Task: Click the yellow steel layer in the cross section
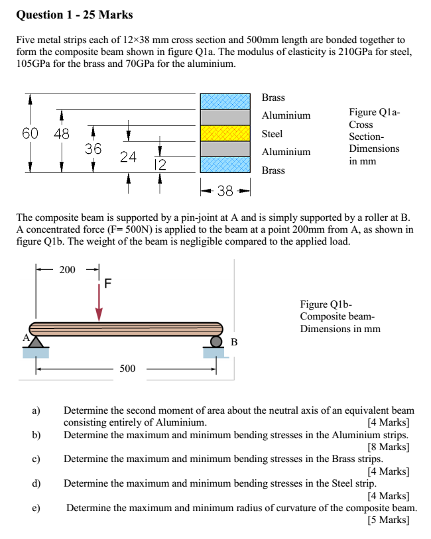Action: (x=226, y=133)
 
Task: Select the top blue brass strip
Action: (x=226, y=100)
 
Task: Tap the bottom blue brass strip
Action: (x=226, y=166)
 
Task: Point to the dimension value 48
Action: (x=61, y=133)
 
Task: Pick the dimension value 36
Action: (x=93, y=149)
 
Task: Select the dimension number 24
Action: (x=128, y=157)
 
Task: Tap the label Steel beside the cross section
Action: (x=272, y=133)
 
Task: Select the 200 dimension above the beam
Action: (x=68, y=269)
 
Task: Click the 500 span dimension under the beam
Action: (x=127, y=369)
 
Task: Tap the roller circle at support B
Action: (x=216, y=341)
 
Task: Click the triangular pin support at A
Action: (x=36, y=341)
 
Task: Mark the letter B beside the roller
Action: (x=233, y=342)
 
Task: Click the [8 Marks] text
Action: (x=388, y=447)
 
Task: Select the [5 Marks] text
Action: (x=388, y=520)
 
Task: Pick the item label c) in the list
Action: (x=37, y=459)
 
